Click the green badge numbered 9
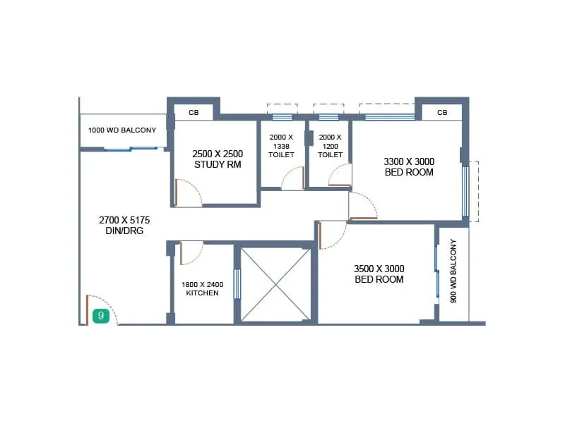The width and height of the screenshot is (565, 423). pos(100,316)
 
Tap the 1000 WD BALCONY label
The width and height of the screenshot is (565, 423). pos(122,130)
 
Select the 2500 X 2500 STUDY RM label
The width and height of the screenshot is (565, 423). pos(218,159)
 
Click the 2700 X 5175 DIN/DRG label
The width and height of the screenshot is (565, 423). pos(124,225)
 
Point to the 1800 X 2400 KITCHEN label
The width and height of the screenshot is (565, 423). pos(204,288)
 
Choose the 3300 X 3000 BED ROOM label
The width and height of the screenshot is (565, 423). pos(409,166)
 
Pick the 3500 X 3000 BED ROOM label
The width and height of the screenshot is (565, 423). pos(379,274)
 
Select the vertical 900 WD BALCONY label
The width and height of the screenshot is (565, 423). pos(454,271)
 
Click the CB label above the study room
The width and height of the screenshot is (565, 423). pos(194,113)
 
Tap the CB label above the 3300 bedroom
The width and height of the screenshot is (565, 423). pos(441,113)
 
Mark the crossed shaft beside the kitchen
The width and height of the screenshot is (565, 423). pos(275,283)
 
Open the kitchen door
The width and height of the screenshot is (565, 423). pos(191,252)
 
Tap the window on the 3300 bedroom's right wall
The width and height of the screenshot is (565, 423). pos(465,190)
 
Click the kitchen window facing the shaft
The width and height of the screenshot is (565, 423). pos(237,283)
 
